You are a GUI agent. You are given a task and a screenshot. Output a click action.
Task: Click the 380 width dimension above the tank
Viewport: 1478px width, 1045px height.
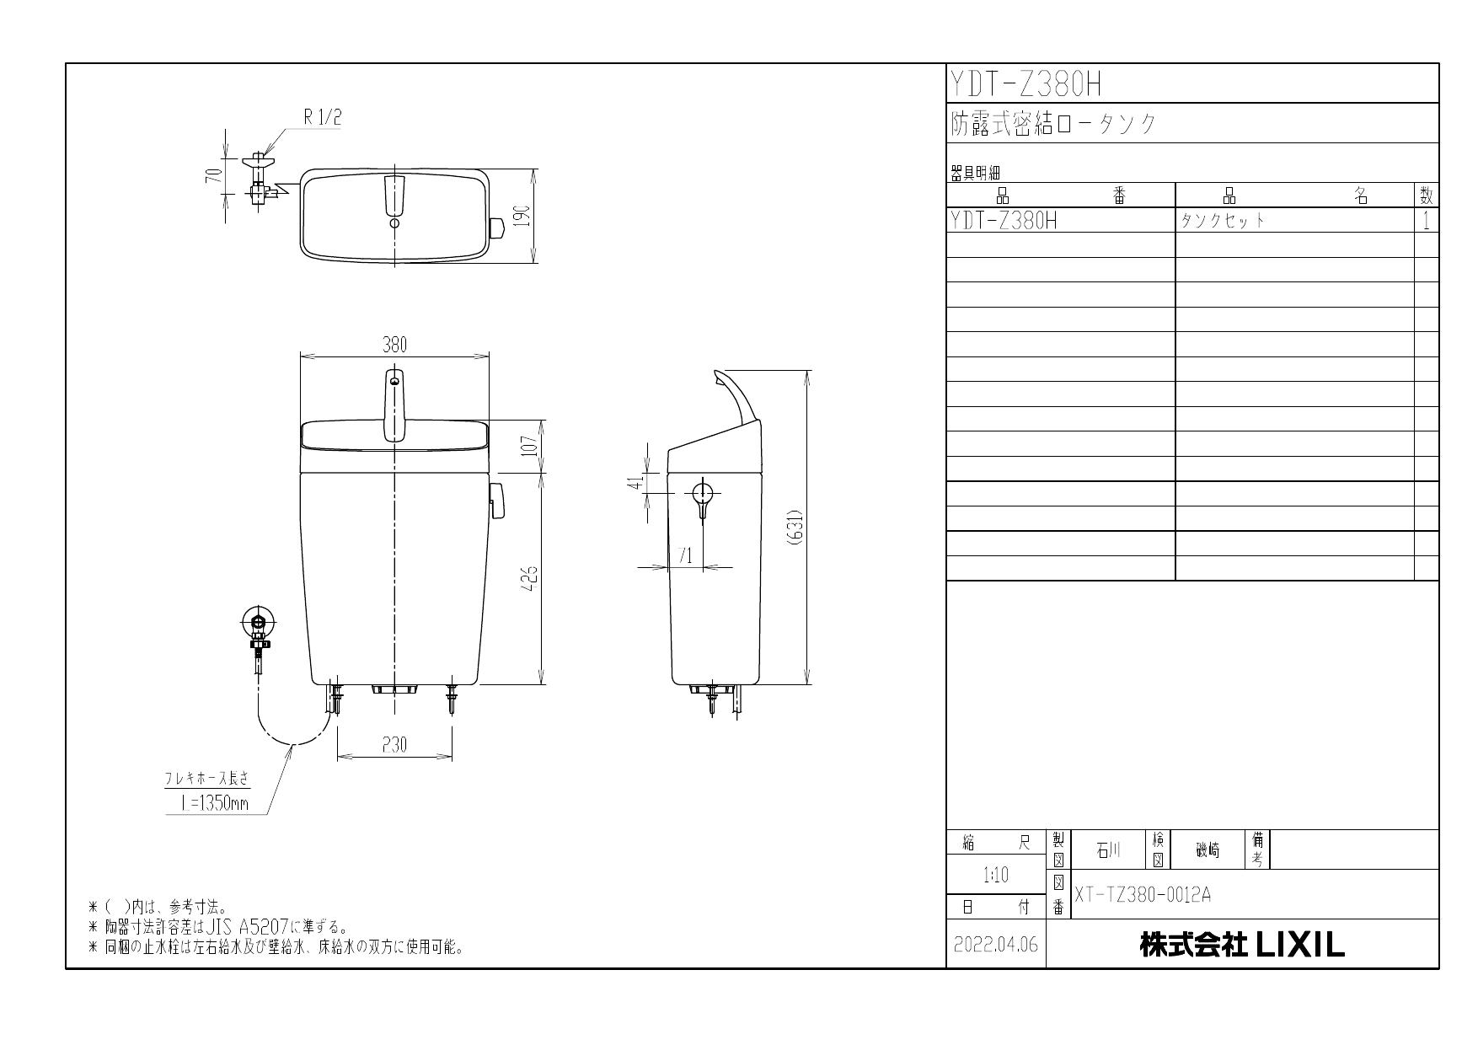[394, 345]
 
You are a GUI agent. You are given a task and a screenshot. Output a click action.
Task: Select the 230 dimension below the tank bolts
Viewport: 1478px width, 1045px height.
[394, 745]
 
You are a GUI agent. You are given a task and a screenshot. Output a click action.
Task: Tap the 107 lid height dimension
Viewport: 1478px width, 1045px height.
[528, 445]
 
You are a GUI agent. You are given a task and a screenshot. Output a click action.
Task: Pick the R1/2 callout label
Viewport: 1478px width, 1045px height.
[323, 118]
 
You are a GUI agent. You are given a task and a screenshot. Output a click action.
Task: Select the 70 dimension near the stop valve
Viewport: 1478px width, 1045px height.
[216, 175]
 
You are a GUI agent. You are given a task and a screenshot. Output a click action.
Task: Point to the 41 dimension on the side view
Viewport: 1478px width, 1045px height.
[640, 482]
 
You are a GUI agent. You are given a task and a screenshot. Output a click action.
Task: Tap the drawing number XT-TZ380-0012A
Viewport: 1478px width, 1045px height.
[1142, 894]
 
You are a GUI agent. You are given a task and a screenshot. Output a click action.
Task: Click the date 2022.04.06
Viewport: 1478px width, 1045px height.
[996, 945]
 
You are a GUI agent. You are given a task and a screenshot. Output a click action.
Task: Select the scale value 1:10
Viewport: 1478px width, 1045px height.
[996, 876]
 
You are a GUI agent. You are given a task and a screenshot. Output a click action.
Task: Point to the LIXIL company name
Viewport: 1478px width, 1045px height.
[1242, 945]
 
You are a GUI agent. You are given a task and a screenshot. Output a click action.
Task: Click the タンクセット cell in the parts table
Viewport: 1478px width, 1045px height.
[1223, 221]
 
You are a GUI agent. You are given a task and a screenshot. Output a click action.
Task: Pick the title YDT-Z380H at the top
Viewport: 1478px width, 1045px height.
[1026, 84]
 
